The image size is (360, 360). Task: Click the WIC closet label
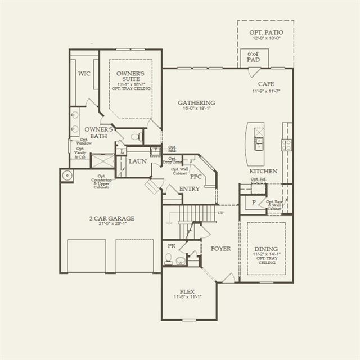tap(84, 74)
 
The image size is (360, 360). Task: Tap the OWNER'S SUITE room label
tap(130, 76)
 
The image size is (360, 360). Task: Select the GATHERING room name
tap(196, 103)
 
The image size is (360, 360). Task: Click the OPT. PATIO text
tap(266, 33)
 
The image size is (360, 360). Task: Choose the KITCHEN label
tap(263, 171)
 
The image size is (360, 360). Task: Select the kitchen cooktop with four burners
tap(287, 145)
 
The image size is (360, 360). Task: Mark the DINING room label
tap(267, 248)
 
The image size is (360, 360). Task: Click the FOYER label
tap(220, 249)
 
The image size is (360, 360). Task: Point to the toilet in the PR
tap(168, 259)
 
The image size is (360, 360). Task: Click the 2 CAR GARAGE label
tap(111, 218)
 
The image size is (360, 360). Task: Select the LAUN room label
tap(137, 161)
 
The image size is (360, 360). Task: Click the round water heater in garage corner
tap(67, 175)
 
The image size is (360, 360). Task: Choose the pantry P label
tap(253, 201)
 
